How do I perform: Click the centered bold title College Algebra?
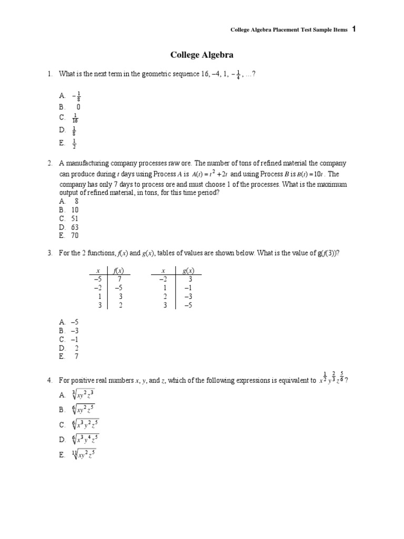(201, 55)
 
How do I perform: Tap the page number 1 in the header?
(354, 29)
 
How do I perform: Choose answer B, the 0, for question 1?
(78, 106)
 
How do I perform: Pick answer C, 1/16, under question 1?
(76, 118)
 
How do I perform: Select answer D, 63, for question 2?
(75, 227)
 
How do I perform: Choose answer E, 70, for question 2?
(75, 236)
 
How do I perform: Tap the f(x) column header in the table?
(119, 270)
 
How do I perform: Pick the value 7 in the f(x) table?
(120, 279)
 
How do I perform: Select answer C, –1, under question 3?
(75, 339)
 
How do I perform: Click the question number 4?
(49, 381)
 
